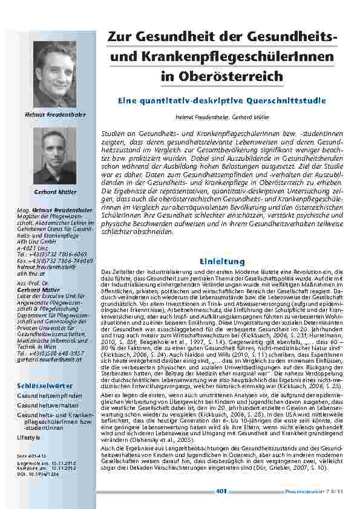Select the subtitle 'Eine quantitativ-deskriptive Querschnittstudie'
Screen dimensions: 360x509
[x=222, y=100]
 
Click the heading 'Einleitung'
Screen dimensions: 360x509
[x=222, y=261]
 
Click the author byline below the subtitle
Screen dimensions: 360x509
[x=221, y=115]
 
